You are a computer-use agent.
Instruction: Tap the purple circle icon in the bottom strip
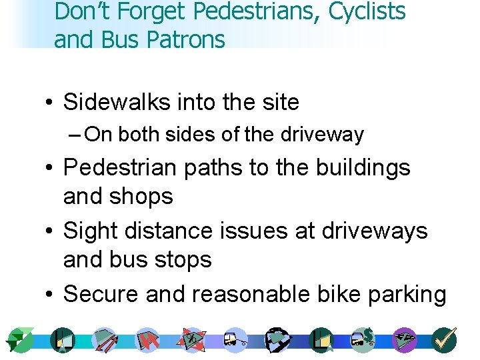point(404,339)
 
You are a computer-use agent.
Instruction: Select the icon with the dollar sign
point(362,339)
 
